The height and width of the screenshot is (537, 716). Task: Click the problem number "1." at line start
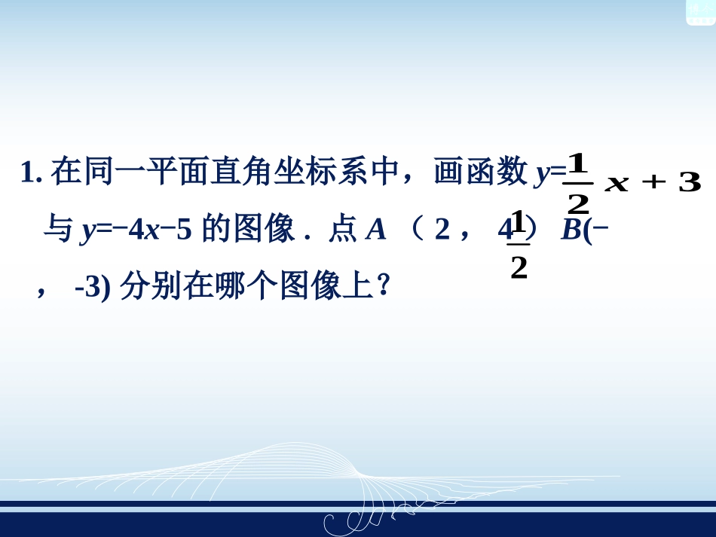pyautogui.click(x=32, y=173)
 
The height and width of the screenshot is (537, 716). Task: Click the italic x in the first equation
pyautogui.click(x=617, y=185)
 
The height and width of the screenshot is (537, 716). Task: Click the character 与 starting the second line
pyautogui.click(x=57, y=230)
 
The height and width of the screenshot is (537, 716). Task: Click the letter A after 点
pyautogui.click(x=375, y=230)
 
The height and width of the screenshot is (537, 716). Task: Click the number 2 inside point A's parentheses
pyautogui.click(x=442, y=230)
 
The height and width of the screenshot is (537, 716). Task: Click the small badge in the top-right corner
pyautogui.click(x=699, y=11)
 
